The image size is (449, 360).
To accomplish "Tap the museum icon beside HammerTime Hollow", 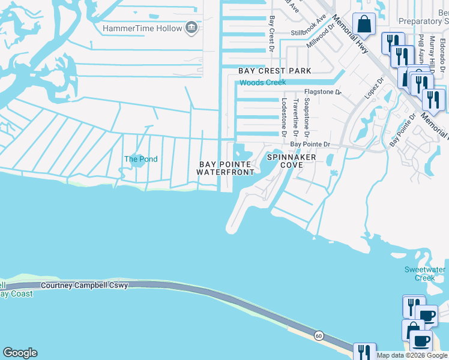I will pos(191,28).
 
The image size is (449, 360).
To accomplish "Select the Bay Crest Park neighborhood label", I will pos(275,71).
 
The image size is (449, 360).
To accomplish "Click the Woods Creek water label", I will pos(262,82).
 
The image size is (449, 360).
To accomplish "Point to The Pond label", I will pos(140,159).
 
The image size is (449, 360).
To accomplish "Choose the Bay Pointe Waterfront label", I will pos(226,168).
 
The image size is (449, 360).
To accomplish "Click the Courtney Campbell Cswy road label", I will pos(85,286).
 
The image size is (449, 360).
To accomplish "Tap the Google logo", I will pos(20,353).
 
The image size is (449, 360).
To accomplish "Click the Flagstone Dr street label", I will pos(322,92).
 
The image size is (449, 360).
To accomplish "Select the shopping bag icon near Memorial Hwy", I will pos(364,24).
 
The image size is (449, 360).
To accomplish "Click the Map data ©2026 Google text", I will pos(411,355).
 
